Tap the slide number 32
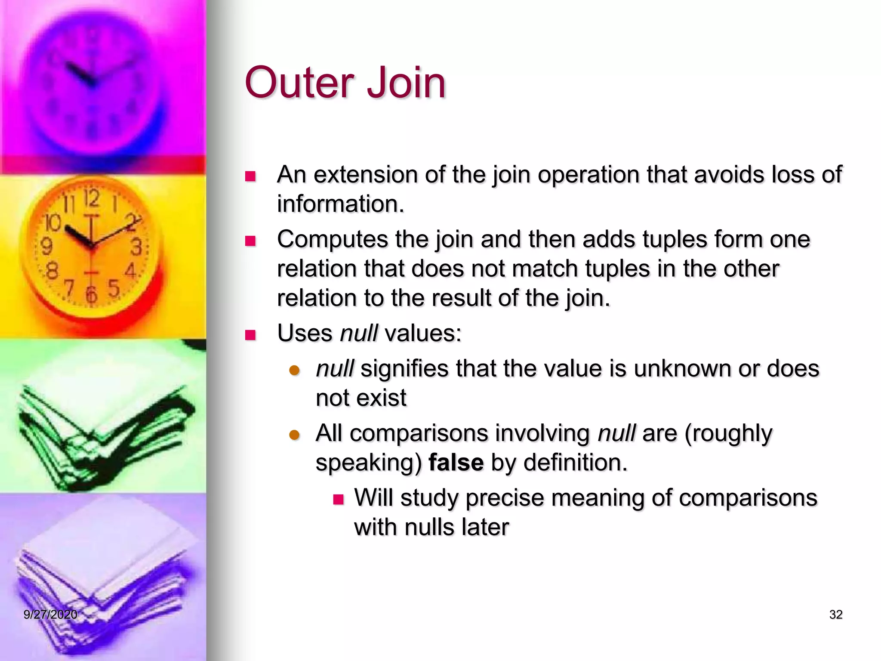[835, 615]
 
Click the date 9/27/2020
[50, 615]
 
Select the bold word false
[456, 463]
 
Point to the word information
[340, 204]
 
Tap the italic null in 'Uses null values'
[359, 333]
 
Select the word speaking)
[369, 463]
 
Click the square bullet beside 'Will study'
[339, 499]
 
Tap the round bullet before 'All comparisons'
[294, 435]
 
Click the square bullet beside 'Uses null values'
[250, 335]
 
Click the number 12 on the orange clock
[91, 199]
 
